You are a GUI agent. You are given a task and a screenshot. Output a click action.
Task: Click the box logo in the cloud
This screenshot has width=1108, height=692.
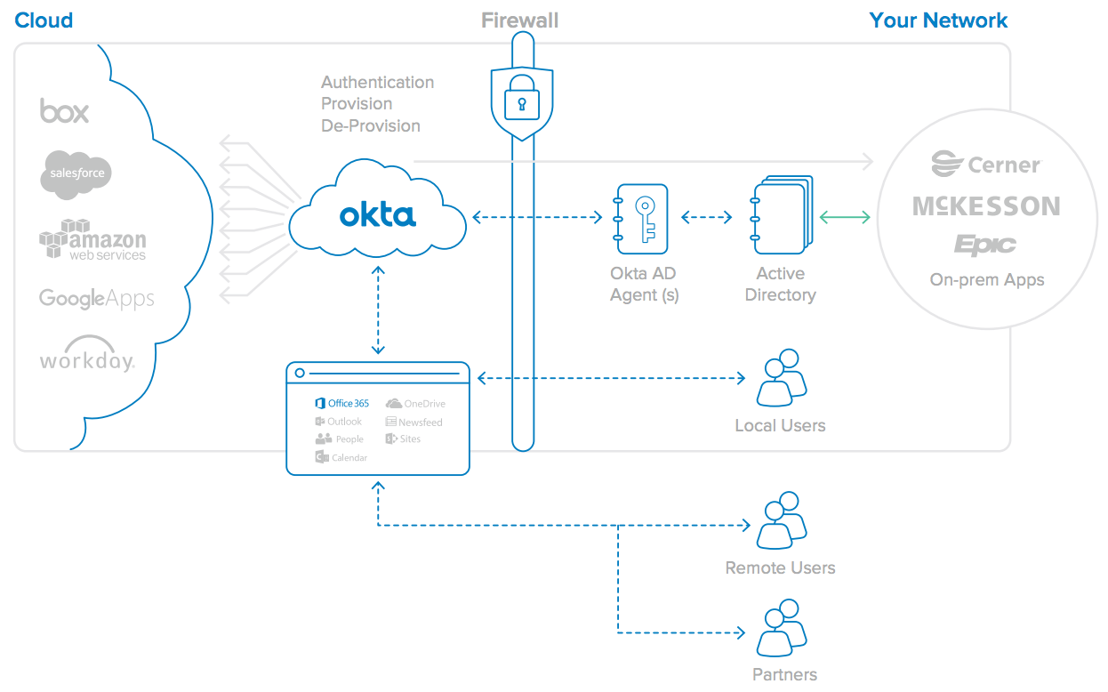(65, 111)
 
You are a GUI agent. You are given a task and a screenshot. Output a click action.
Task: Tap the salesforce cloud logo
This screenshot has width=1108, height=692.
(76, 173)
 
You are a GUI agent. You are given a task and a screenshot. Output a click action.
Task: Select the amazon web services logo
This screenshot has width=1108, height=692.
(92, 240)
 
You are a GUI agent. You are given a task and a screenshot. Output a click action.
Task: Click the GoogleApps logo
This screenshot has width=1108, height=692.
(97, 299)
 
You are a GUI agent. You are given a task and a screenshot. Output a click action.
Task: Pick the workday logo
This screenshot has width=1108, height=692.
(87, 355)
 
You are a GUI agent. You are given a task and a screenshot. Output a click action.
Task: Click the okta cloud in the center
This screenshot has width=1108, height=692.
(378, 213)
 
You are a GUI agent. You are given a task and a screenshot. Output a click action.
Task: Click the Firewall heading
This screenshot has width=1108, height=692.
(520, 20)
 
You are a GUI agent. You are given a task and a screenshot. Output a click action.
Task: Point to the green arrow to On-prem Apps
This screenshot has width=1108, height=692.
(844, 217)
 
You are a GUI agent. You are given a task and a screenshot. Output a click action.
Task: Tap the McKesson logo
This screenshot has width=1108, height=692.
(986, 206)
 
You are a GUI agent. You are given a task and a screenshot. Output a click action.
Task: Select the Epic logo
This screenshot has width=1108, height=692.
(984, 245)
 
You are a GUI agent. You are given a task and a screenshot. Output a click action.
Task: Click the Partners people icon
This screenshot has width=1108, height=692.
(780, 630)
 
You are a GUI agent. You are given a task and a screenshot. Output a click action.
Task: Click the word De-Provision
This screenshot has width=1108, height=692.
(371, 125)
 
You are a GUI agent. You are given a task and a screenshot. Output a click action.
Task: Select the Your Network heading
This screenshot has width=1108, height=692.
(938, 20)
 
